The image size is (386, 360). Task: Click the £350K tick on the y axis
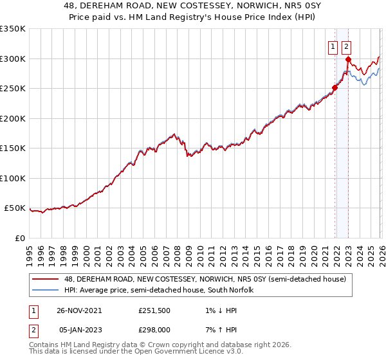(13, 29)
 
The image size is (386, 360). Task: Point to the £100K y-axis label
(13, 178)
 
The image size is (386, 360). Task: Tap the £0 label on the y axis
(19, 238)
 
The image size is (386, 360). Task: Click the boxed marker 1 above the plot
(333, 46)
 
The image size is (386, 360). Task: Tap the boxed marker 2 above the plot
(346, 46)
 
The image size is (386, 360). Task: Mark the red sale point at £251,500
(335, 88)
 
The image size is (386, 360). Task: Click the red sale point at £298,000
(347, 60)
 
